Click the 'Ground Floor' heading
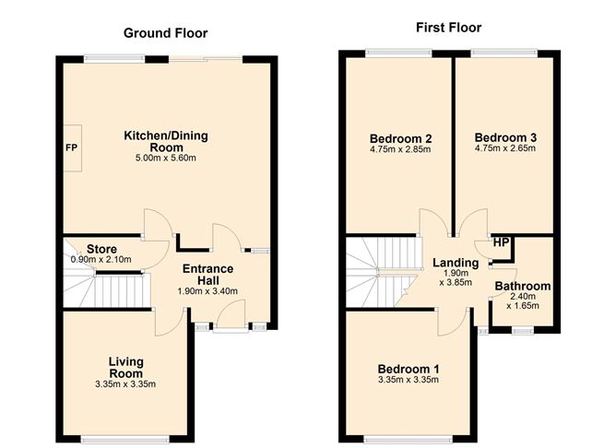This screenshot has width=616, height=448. (167, 32)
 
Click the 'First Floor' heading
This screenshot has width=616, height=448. (448, 28)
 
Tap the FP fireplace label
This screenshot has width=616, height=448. (70, 147)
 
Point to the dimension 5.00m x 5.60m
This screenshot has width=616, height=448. (167, 158)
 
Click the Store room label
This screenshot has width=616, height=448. (101, 248)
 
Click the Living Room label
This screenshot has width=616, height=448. (126, 367)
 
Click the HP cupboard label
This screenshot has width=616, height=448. (501, 243)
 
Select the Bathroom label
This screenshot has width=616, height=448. (522, 286)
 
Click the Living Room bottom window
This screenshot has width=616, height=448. (125, 437)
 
